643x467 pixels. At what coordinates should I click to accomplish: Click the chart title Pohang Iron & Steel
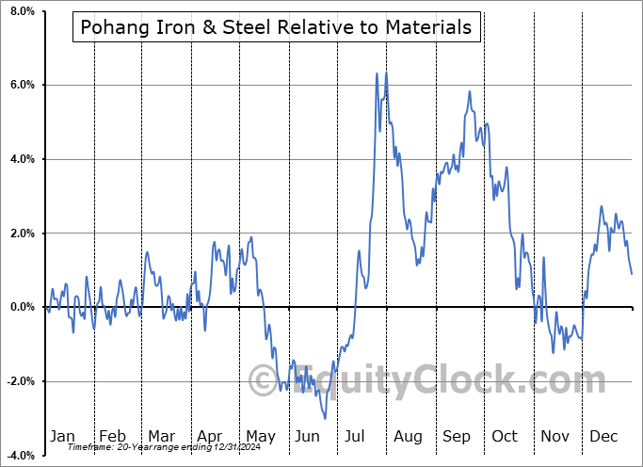click(276, 27)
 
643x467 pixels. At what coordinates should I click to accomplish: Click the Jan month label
click(62, 436)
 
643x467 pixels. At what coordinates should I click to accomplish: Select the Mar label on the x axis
click(161, 436)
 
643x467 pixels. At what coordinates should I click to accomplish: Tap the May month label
click(260, 436)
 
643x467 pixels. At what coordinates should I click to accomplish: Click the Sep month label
click(457, 436)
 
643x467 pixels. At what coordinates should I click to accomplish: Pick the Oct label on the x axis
click(505, 436)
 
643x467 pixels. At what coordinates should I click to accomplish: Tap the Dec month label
click(604, 436)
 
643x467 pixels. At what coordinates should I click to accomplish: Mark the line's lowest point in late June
click(326, 418)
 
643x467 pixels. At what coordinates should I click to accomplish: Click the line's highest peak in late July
click(377, 73)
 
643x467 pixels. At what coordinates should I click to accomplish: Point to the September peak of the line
click(469, 91)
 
